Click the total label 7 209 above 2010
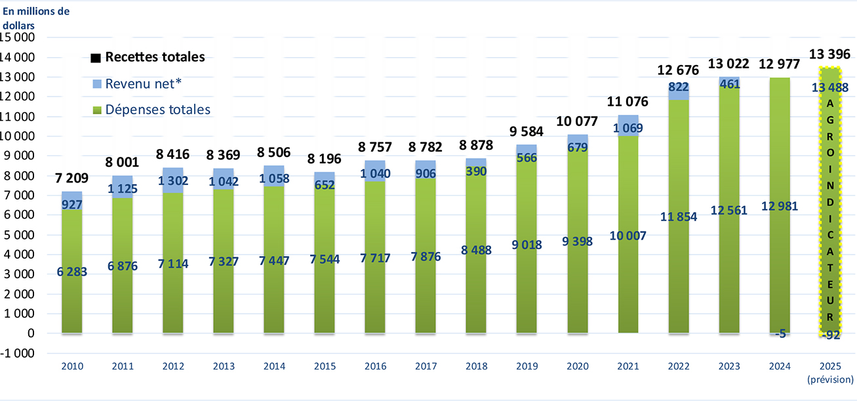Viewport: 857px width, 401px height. click(x=71, y=179)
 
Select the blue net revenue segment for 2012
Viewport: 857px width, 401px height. click(x=173, y=180)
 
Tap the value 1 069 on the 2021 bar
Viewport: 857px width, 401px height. click(x=628, y=127)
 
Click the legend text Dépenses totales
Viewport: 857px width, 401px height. click(x=158, y=110)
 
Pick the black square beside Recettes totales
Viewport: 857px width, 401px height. click(x=96, y=58)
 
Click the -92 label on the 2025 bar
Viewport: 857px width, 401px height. click(x=829, y=335)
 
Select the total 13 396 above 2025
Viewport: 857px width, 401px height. click(x=829, y=53)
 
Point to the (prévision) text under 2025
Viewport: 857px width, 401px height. click(x=830, y=379)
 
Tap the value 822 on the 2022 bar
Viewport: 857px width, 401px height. click(x=679, y=87)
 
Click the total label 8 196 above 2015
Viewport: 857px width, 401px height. click(x=325, y=159)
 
